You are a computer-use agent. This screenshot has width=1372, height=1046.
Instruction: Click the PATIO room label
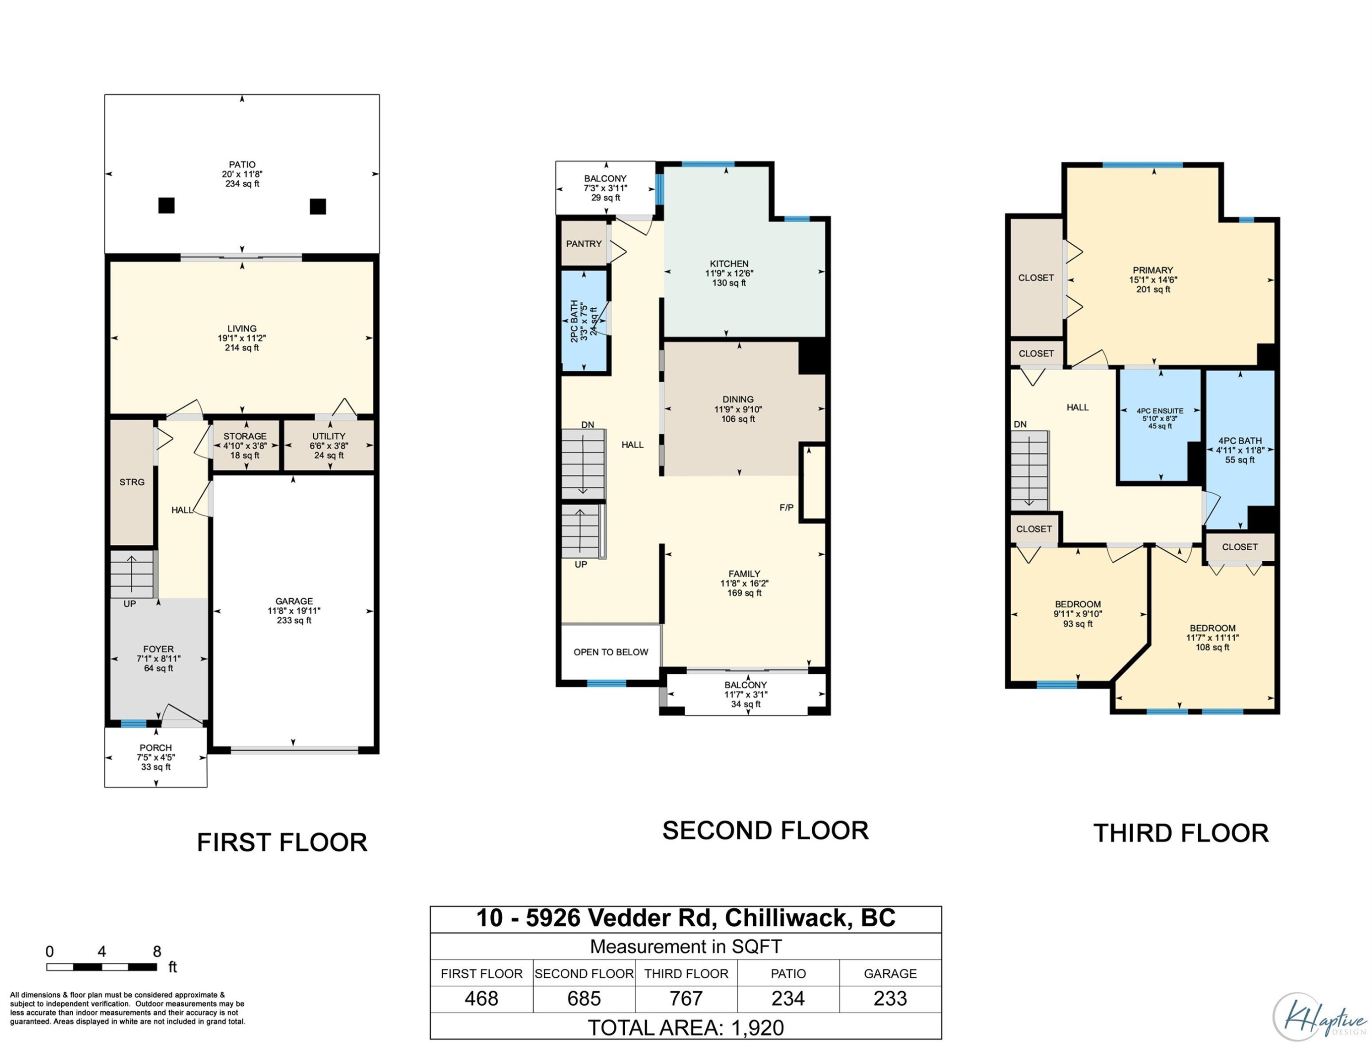[242, 164]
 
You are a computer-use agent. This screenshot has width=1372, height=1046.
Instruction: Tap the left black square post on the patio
[166, 205]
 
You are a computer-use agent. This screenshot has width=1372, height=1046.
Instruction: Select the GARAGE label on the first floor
[294, 601]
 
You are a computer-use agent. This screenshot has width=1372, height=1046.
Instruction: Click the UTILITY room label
[329, 436]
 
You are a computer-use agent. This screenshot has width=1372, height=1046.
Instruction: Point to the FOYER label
[158, 649]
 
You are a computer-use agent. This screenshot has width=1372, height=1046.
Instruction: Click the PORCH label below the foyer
[155, 748]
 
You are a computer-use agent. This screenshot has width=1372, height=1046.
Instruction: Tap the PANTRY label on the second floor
[584, 243]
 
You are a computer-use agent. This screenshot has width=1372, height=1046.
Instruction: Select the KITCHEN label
[729, 263]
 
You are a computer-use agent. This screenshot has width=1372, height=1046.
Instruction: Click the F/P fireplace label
[786, 507]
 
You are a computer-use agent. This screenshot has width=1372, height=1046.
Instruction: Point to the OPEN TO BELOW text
[611, 652]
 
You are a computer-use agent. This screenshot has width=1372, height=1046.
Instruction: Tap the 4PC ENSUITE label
[1160, 411]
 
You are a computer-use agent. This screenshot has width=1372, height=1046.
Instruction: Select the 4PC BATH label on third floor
[1240, 440]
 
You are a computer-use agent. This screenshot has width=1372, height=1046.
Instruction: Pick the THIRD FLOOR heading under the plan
[1181, 833]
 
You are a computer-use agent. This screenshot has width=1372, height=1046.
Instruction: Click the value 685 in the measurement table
[584, 998]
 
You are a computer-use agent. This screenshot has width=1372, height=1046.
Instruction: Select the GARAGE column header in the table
[890, 973]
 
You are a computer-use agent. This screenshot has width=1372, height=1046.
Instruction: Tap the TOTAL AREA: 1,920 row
[686, 1027]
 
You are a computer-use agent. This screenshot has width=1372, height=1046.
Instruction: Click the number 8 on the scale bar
[157, 951]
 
